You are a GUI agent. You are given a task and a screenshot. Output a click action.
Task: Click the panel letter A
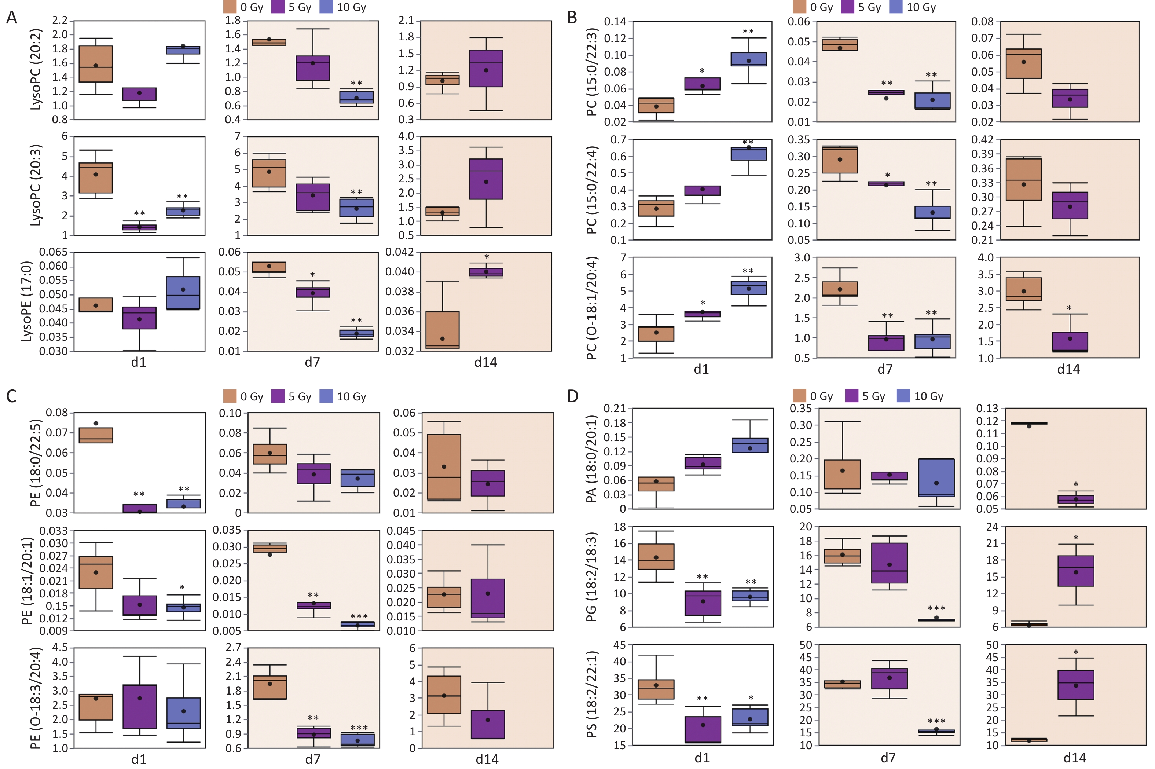tap(11, 18)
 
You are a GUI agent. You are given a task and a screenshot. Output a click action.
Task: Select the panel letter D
tap(573, 396)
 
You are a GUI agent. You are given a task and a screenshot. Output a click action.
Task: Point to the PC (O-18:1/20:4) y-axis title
tap(592, 308)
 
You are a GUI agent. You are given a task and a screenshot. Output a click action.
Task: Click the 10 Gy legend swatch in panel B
tap(896, 7)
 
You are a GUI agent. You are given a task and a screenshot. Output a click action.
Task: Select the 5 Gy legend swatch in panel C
tap(278, 396)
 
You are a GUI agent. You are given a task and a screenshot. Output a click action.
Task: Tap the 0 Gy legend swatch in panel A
tap(230, 7)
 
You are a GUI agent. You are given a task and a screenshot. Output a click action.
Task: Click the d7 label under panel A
tap(312, 362)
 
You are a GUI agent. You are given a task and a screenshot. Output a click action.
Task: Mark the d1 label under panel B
tap(701, 369)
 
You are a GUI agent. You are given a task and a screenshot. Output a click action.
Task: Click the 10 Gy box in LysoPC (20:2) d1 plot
tap(183, 50)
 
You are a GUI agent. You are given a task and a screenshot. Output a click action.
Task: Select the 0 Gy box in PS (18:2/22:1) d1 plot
tap(656, 689)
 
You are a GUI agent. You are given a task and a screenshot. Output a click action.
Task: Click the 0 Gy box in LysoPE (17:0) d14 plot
tap(443, 330)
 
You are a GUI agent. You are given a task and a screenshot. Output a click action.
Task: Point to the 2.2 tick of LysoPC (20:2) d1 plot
tap(60, 20)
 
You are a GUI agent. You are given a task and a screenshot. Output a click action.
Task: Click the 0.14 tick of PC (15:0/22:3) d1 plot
tap(615, 22)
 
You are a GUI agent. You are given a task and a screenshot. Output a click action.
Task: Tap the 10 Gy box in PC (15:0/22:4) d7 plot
tap(932, 212)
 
